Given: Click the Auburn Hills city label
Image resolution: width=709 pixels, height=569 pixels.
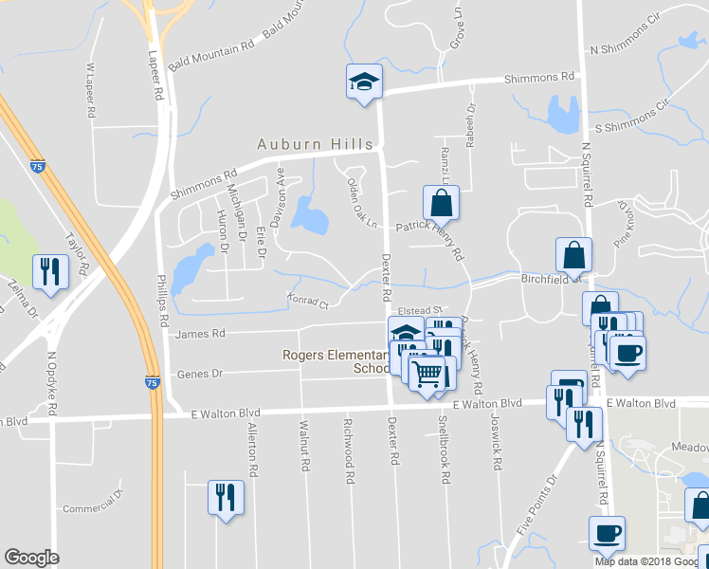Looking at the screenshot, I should [316, 144].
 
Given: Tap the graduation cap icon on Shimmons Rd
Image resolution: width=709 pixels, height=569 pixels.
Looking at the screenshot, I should [363, 82].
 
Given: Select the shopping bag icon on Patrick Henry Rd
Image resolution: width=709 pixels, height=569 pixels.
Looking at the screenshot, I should [441, 202].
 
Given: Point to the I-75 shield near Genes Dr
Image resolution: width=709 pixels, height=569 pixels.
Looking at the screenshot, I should [153, 380].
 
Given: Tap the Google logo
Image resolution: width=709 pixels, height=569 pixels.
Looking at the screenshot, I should [31, 558].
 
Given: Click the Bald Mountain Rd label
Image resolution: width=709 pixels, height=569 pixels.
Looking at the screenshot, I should [210, 56].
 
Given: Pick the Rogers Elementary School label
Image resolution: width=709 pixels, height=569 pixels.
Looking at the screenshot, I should [336, 361].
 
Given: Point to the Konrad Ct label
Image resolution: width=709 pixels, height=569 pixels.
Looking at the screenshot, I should [307, 303].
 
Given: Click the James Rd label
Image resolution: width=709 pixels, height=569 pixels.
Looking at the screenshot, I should [201, 333].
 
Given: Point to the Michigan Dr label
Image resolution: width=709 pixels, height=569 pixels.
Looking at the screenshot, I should [236, 212].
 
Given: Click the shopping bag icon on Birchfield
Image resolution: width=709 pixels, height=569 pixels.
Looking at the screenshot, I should [573, 254].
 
